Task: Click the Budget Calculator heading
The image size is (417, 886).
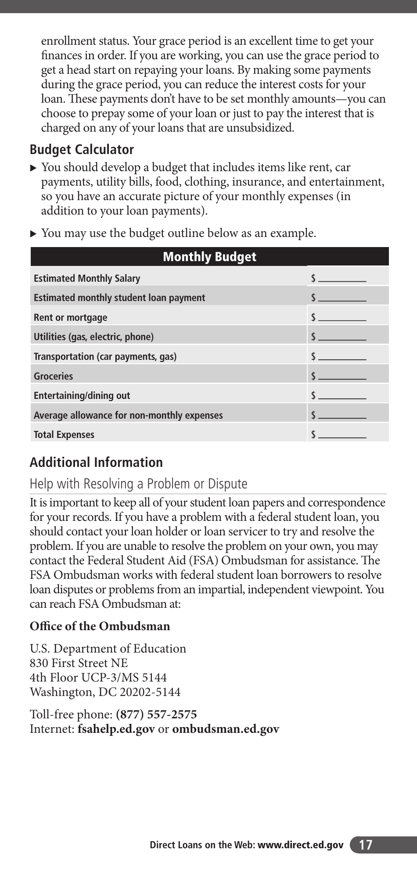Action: [x=82, y=150]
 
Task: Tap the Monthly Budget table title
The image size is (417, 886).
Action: [x=209, y=257]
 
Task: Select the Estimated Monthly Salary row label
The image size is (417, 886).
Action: [x=87, y=278]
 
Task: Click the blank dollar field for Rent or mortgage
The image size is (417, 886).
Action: [x=342, y=317]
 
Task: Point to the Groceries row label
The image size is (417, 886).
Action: [x=54, y=376]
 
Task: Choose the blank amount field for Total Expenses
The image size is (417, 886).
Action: [x=342, y=434]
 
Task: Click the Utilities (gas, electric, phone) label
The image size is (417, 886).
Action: [x=93, y=337]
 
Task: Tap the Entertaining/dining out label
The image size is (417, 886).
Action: [x=82, y=395]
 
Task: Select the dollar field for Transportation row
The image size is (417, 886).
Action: [x=342, y=356]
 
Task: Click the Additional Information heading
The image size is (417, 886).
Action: [x=96, y=463]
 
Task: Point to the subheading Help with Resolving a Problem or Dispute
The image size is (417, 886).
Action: [x=138, y=484]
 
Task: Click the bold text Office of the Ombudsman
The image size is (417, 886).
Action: [x=100, y=626]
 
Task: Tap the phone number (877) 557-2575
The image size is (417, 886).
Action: [x=156, y=714]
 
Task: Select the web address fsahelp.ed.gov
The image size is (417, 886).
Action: [x=116, y=729]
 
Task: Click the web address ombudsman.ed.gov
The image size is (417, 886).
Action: [x=226, y=729]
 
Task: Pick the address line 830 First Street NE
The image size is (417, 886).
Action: [x=79, y=663]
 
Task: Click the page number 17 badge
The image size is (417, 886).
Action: [x=365, y=845]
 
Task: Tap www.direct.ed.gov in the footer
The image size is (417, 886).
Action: [x=300, y=845]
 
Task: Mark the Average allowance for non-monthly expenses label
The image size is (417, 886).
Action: [x=128, y=415]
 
